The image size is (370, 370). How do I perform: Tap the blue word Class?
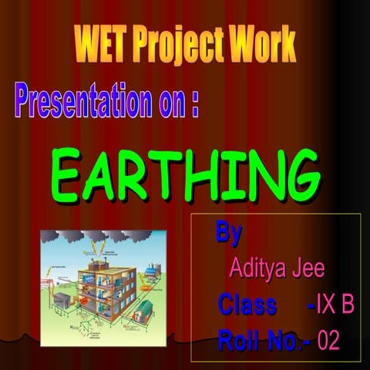247,305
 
